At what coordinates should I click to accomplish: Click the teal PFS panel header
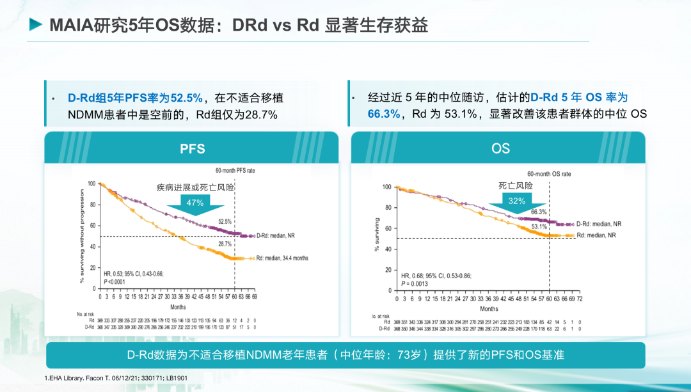tap(193, 148)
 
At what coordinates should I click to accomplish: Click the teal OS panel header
tap(500, 148)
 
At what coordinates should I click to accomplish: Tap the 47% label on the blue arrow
tap(195, 203)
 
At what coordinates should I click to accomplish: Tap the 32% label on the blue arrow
tap(517, 201)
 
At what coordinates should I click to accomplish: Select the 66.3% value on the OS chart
tap(538, 212)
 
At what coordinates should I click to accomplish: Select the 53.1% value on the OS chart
tap(539, 226)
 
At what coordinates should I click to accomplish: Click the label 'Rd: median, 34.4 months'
tap(282, 258)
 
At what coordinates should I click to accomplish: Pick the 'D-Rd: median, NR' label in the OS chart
tap(599, 224)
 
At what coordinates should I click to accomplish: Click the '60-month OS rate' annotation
tap(549, 174)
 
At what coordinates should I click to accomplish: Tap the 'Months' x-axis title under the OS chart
tap(489, 309)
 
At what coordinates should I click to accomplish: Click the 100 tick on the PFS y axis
tap(91, 184)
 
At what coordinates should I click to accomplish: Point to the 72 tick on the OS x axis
tap(580, 299)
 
